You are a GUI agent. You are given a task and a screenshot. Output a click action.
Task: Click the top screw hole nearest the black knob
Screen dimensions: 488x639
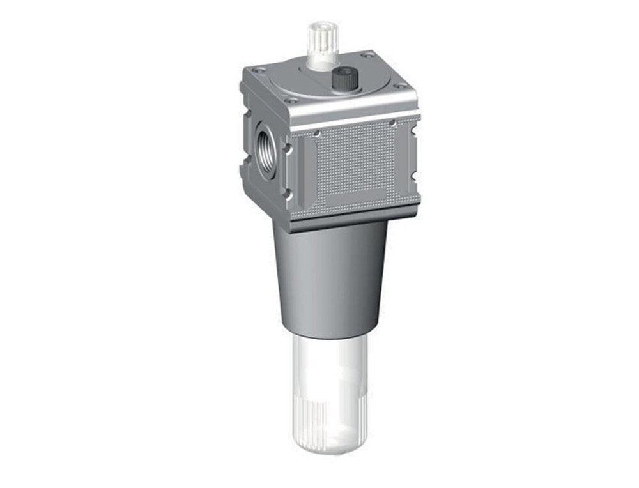[367, 56]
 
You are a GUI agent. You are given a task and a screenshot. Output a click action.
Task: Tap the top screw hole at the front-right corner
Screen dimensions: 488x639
[401, 86]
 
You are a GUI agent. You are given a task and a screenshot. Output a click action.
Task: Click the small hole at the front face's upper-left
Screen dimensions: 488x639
[316, 133]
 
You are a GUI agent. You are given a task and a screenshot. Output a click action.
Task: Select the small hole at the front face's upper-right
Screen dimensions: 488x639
[392, 123]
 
